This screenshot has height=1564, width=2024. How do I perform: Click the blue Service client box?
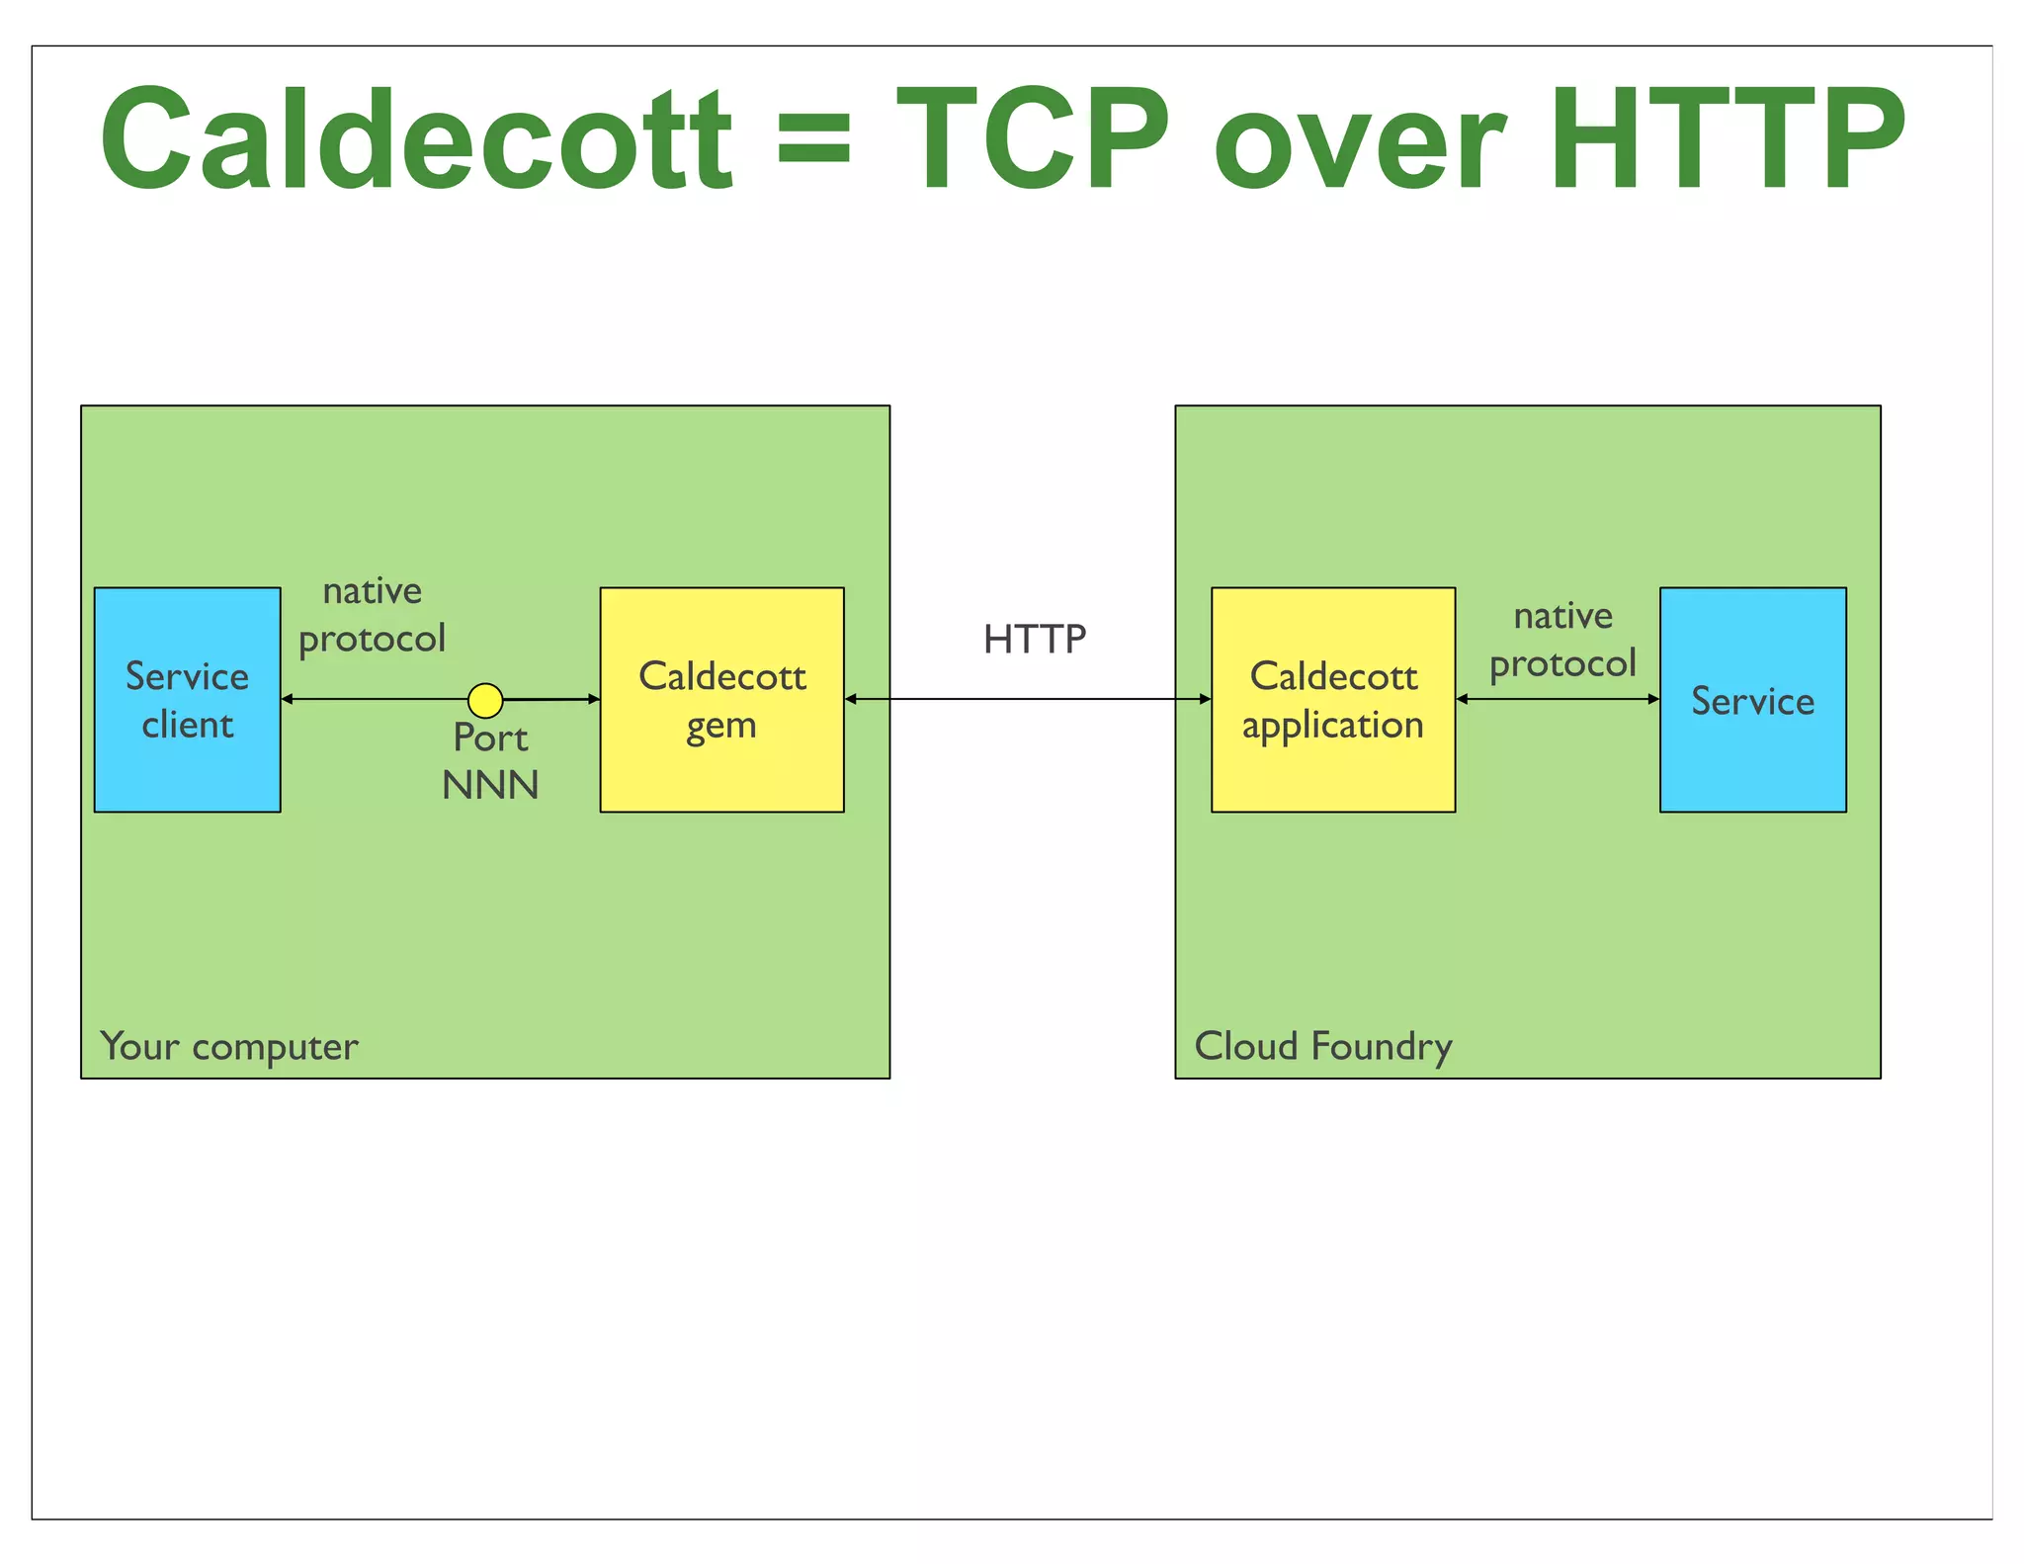[187, 700]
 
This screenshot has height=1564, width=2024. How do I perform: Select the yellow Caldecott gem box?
[721, 700]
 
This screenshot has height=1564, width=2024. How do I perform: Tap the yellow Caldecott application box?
[1332, 700]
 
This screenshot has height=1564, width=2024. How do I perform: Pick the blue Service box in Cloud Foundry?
[1752, 700]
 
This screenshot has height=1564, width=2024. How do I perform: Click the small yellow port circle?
[485, 700]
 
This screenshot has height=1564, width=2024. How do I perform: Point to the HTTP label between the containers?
[1035, 640]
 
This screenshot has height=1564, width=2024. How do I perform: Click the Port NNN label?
[490, 761]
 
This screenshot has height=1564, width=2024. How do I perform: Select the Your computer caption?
[229, 1046]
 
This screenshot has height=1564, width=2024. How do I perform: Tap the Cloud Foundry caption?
[1323, 1046]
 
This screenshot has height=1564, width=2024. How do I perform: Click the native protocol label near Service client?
[373, 615]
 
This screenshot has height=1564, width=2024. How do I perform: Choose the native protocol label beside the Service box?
[1562, 640]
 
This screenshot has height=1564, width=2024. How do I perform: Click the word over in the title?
[1359, 148]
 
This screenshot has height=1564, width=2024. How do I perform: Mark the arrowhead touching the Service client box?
[288, 699]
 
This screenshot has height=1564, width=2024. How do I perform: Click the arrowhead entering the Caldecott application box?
[1205, 699]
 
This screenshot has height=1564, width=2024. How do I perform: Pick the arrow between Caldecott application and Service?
[1558, 699]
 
